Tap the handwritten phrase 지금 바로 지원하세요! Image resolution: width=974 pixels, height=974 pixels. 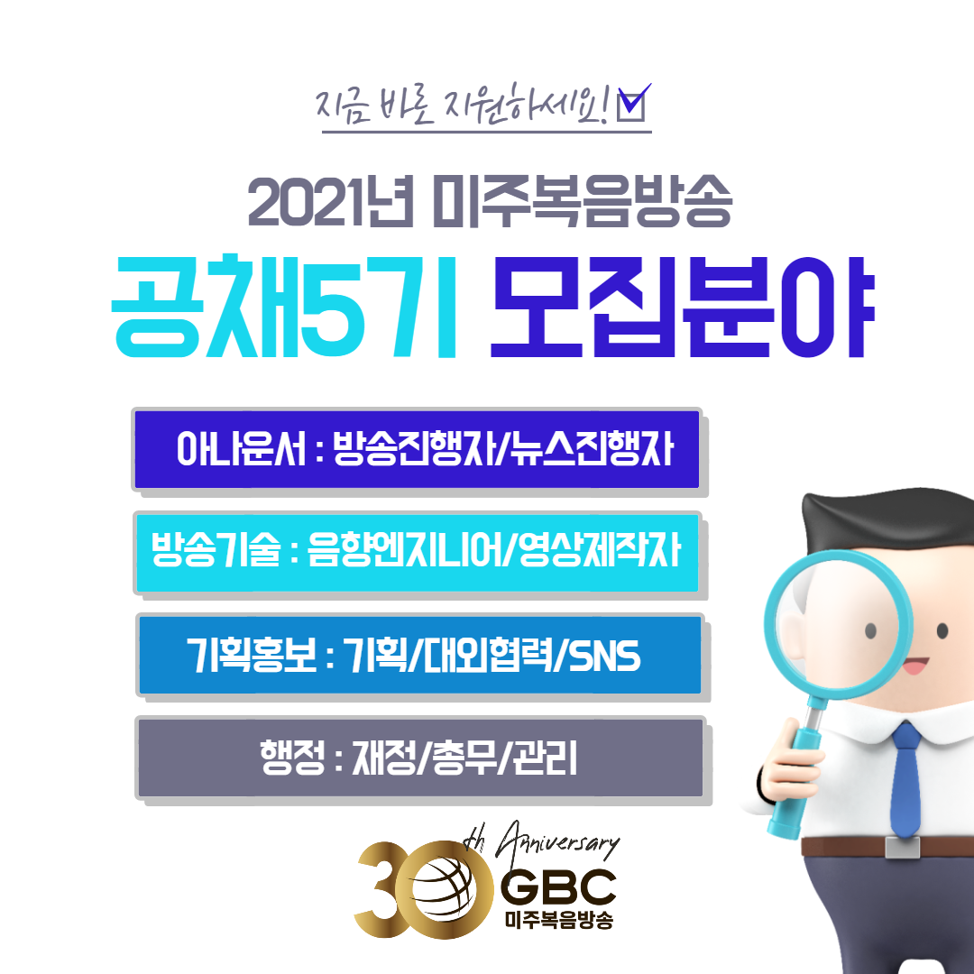[x=464, y=105]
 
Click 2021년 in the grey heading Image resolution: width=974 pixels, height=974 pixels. [x=330, y=201]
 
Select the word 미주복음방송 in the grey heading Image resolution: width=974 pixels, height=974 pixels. [x=582, y=201]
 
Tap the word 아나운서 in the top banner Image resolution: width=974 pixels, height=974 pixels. [x=242, y=448]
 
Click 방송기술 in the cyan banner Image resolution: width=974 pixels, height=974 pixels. [x=216, y=550]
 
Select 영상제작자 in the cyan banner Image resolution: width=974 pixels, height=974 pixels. [x=600, y=550]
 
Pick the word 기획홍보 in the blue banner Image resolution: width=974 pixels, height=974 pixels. [x=252, y=655]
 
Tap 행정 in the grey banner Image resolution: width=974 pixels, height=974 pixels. [x=292, y=758]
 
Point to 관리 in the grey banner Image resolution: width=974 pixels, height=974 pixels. [x=545, y=758]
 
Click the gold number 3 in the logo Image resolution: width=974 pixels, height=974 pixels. [x=382, y=888]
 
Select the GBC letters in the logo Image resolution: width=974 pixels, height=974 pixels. [x=558, y=888]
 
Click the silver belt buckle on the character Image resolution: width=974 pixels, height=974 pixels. [x=902, y=847]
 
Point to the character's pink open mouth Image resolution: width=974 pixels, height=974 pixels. [x=914, y=666]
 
